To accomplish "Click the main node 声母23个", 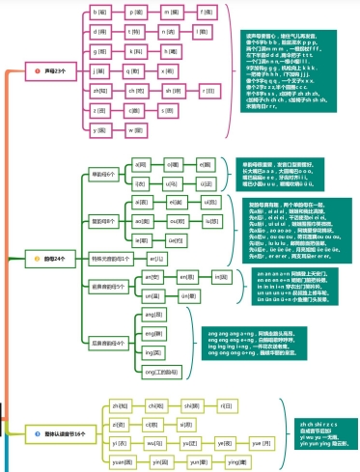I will coord(52,71).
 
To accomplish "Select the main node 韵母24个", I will coord(52,260).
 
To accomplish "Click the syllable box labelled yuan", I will coord(123,462).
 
